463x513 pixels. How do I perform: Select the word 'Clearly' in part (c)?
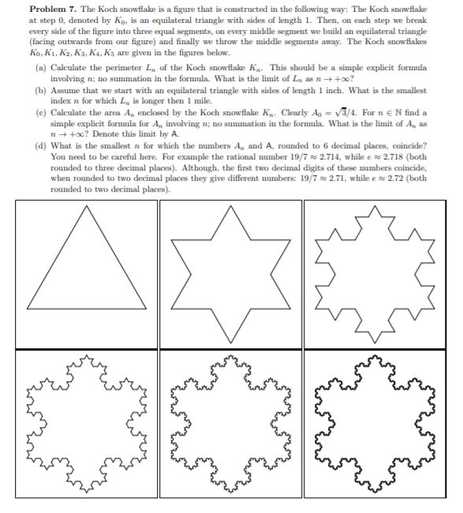256,111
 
